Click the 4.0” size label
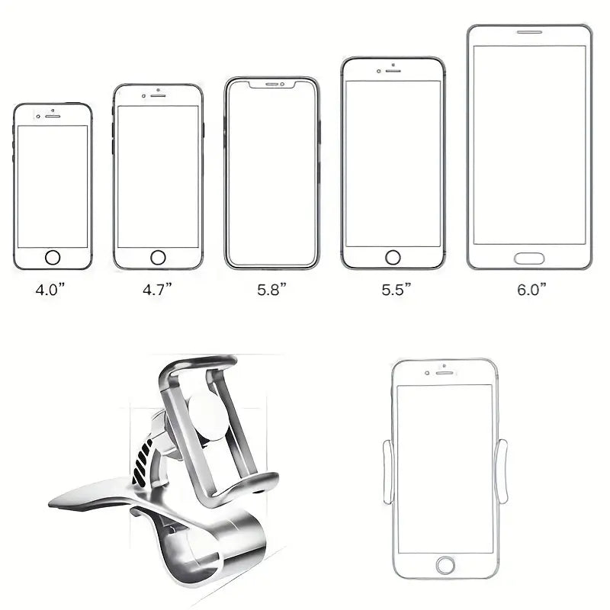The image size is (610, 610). (50, 290)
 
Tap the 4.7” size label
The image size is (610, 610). (157, 290)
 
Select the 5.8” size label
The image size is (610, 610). (271, 290)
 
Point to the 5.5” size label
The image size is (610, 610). (396, 290)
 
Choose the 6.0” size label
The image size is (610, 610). (531, 290)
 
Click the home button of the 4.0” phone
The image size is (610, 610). (53, 258)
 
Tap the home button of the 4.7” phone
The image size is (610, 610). (158, 258)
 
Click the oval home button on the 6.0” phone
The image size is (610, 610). (529, 258)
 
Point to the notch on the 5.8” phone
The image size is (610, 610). (272, 85)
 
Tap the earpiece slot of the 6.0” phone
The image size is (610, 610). (529, 32)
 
